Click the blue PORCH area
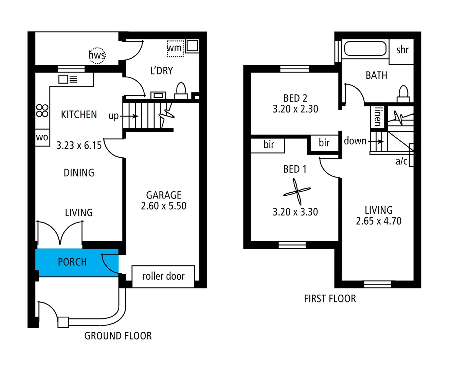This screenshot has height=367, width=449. pyautogui.click(x=77, y=262)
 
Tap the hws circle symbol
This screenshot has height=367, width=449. pyautogui.click(x=97, y=56)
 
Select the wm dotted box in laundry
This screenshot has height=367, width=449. pyautogui.click(x=175, y=49)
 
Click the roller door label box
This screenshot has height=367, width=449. pyautogui.click(x=163, y=276)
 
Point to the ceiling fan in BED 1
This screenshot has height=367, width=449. pyautogui.click(x=297, y=192)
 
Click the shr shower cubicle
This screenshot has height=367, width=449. pyautogui.click(x=401, y=52)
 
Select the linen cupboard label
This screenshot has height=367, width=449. pyautogui.click(x=378, y=117)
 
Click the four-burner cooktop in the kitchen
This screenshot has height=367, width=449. pyautogui.click(x=42, y=110)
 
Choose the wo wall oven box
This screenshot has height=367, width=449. pyautogui.click(x=42, y=137)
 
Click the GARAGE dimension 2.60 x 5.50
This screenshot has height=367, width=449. pyautogui.click(x=163, y=206)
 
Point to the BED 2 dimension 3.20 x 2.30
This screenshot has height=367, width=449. pyautogui.click(x=295, y=109)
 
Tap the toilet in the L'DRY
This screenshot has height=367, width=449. pyautogui.click(x=181, y=91)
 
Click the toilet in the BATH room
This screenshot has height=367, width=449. pyautogui.click(x=403, y=94)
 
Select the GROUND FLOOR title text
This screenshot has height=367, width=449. pyautogui.click(x=118, y=336)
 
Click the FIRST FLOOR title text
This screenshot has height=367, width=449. pyautogui.click(x=330, y=299)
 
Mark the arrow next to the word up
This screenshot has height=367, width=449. pyautogui.click(x=129, y=116)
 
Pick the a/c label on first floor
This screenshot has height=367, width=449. pyautogui.click(x=401, y=161)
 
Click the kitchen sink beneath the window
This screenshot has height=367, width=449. pyautogui.click(x=68, y=79)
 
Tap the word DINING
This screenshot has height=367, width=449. pyautogui.click(x=79, y=173)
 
